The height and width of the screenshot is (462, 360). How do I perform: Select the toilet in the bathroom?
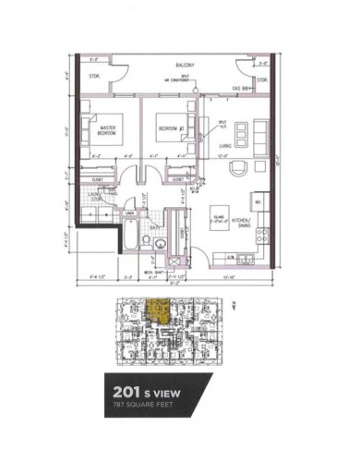(160, 242)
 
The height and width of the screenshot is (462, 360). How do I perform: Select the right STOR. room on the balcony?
(261, 80)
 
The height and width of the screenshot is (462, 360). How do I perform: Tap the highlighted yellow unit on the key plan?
(159, 312)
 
